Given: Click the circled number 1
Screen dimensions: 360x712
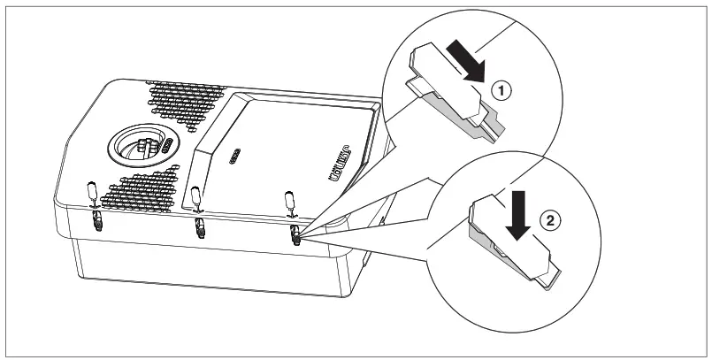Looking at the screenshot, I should point(500,89).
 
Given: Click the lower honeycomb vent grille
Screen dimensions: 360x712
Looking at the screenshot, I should point(149,189).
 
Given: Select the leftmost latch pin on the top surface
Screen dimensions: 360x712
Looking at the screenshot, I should point(90,192).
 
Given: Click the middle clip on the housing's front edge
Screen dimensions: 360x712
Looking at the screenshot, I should point(199,228).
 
